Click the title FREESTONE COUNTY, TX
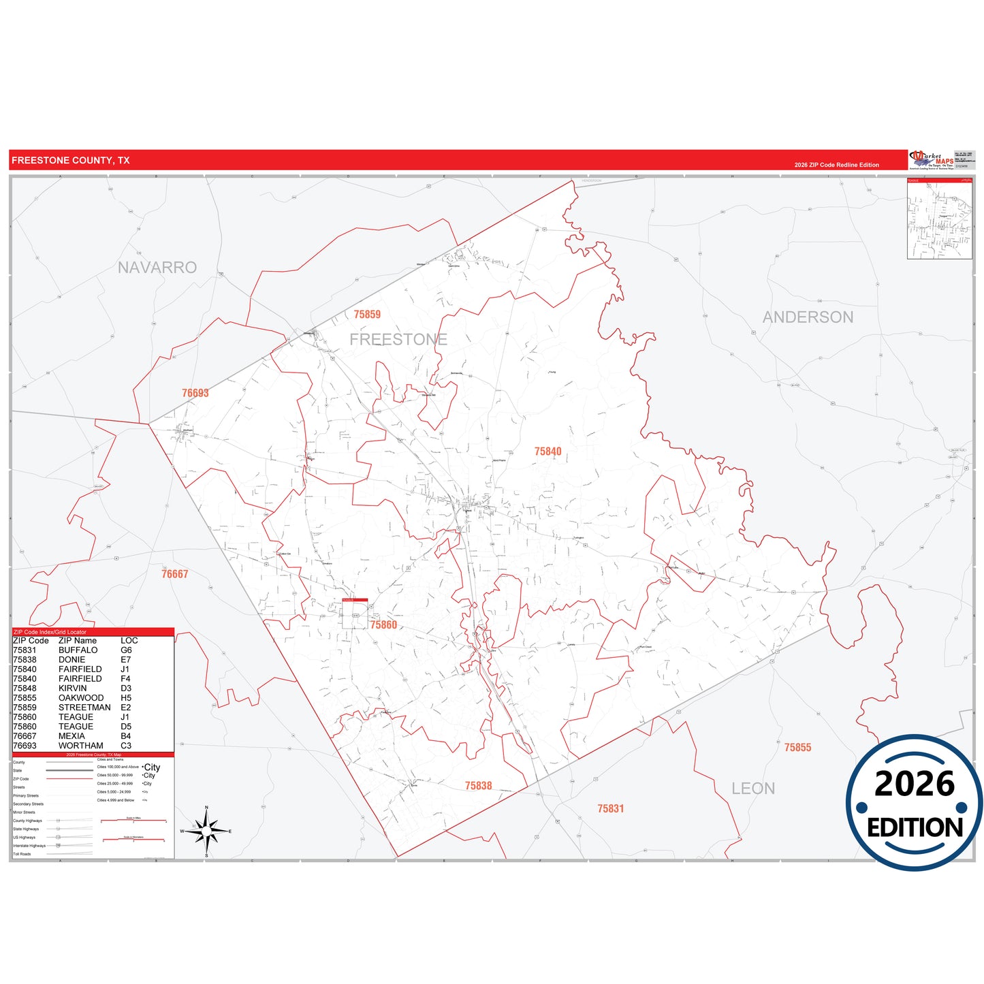point(70,161)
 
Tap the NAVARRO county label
point(157,268)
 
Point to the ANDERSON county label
point(808,317)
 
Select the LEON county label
point(753,789)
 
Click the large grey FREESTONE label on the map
point(398,339)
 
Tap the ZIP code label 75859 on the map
point(367,315)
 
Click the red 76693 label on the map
point(195,393)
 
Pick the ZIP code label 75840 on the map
point(548,451)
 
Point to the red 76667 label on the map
point(175,574)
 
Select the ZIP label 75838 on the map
point(479,786)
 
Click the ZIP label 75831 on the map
point(611,809)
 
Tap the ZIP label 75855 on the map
point(797,748)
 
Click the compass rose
point(207,831)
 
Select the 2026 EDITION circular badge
point(915,803)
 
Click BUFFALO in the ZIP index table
point(78,650)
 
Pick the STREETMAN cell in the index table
point(84,708)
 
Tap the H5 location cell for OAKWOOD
point(126,698)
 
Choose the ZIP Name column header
point(78,641)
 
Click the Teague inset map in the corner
point(939,219)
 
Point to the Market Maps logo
point(931,160)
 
